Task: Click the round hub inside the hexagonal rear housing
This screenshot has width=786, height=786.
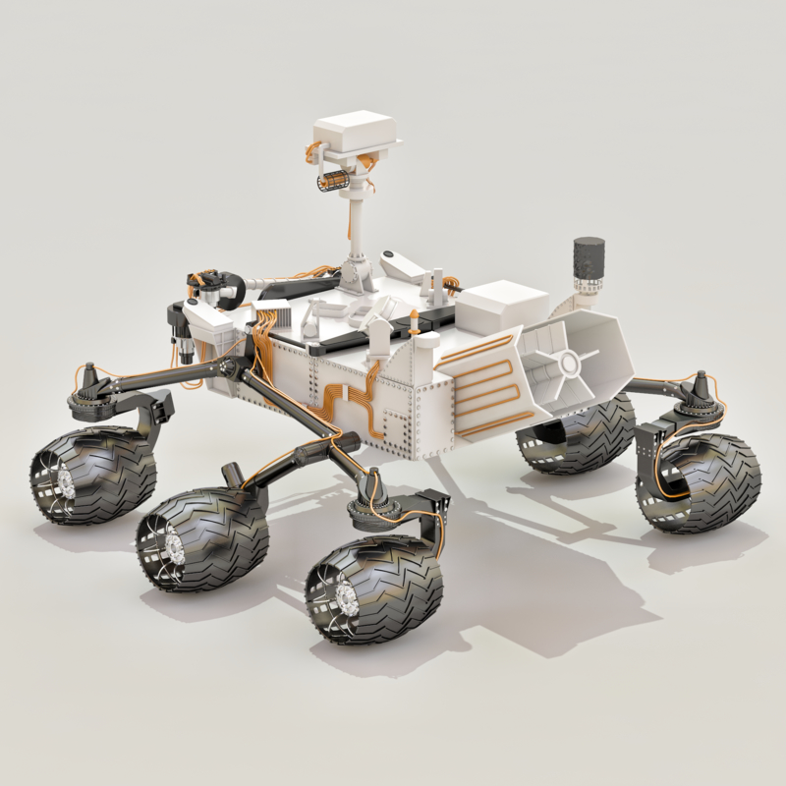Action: tap(568, 364)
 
